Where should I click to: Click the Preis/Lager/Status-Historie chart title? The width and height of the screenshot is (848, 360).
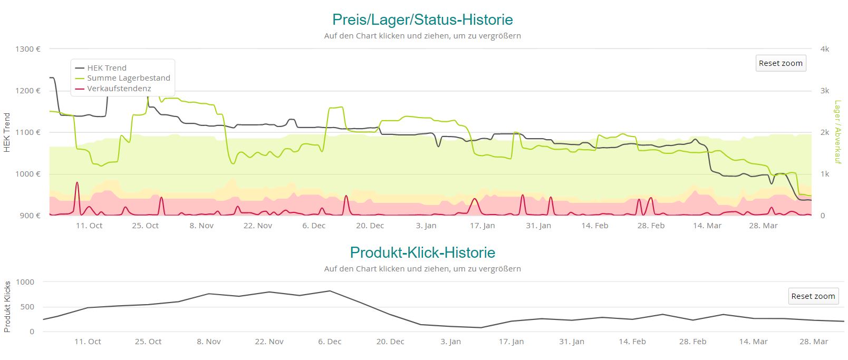[422, 20]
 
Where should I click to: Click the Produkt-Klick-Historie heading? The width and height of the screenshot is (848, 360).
[422, 252]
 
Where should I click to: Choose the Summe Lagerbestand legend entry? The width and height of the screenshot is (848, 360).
[128, 78]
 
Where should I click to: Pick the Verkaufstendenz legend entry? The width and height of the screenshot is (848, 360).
[119, 89]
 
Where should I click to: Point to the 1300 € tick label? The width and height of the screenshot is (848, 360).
[28, 49]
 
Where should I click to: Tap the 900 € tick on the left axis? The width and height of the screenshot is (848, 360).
[30, 216]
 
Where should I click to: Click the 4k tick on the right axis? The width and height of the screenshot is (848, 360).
[825, 49]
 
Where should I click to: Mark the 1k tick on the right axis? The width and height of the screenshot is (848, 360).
[825, 174]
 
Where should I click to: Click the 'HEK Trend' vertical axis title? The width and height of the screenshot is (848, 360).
[7, 132]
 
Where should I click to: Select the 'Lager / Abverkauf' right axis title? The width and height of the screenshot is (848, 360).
[837, 132]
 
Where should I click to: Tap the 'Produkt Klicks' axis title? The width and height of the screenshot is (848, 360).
[7, 307]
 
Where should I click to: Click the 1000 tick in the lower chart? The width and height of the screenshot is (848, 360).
[25, 282]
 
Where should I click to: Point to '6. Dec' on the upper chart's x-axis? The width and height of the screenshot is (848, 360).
[314, 226]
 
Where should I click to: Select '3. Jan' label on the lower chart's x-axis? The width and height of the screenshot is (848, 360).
[450, 342]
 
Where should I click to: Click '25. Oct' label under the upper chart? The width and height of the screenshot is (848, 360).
[145, 226]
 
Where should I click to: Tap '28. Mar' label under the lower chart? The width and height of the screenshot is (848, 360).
[813, 342]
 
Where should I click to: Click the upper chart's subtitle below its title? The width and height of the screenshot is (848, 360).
[422, 36]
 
